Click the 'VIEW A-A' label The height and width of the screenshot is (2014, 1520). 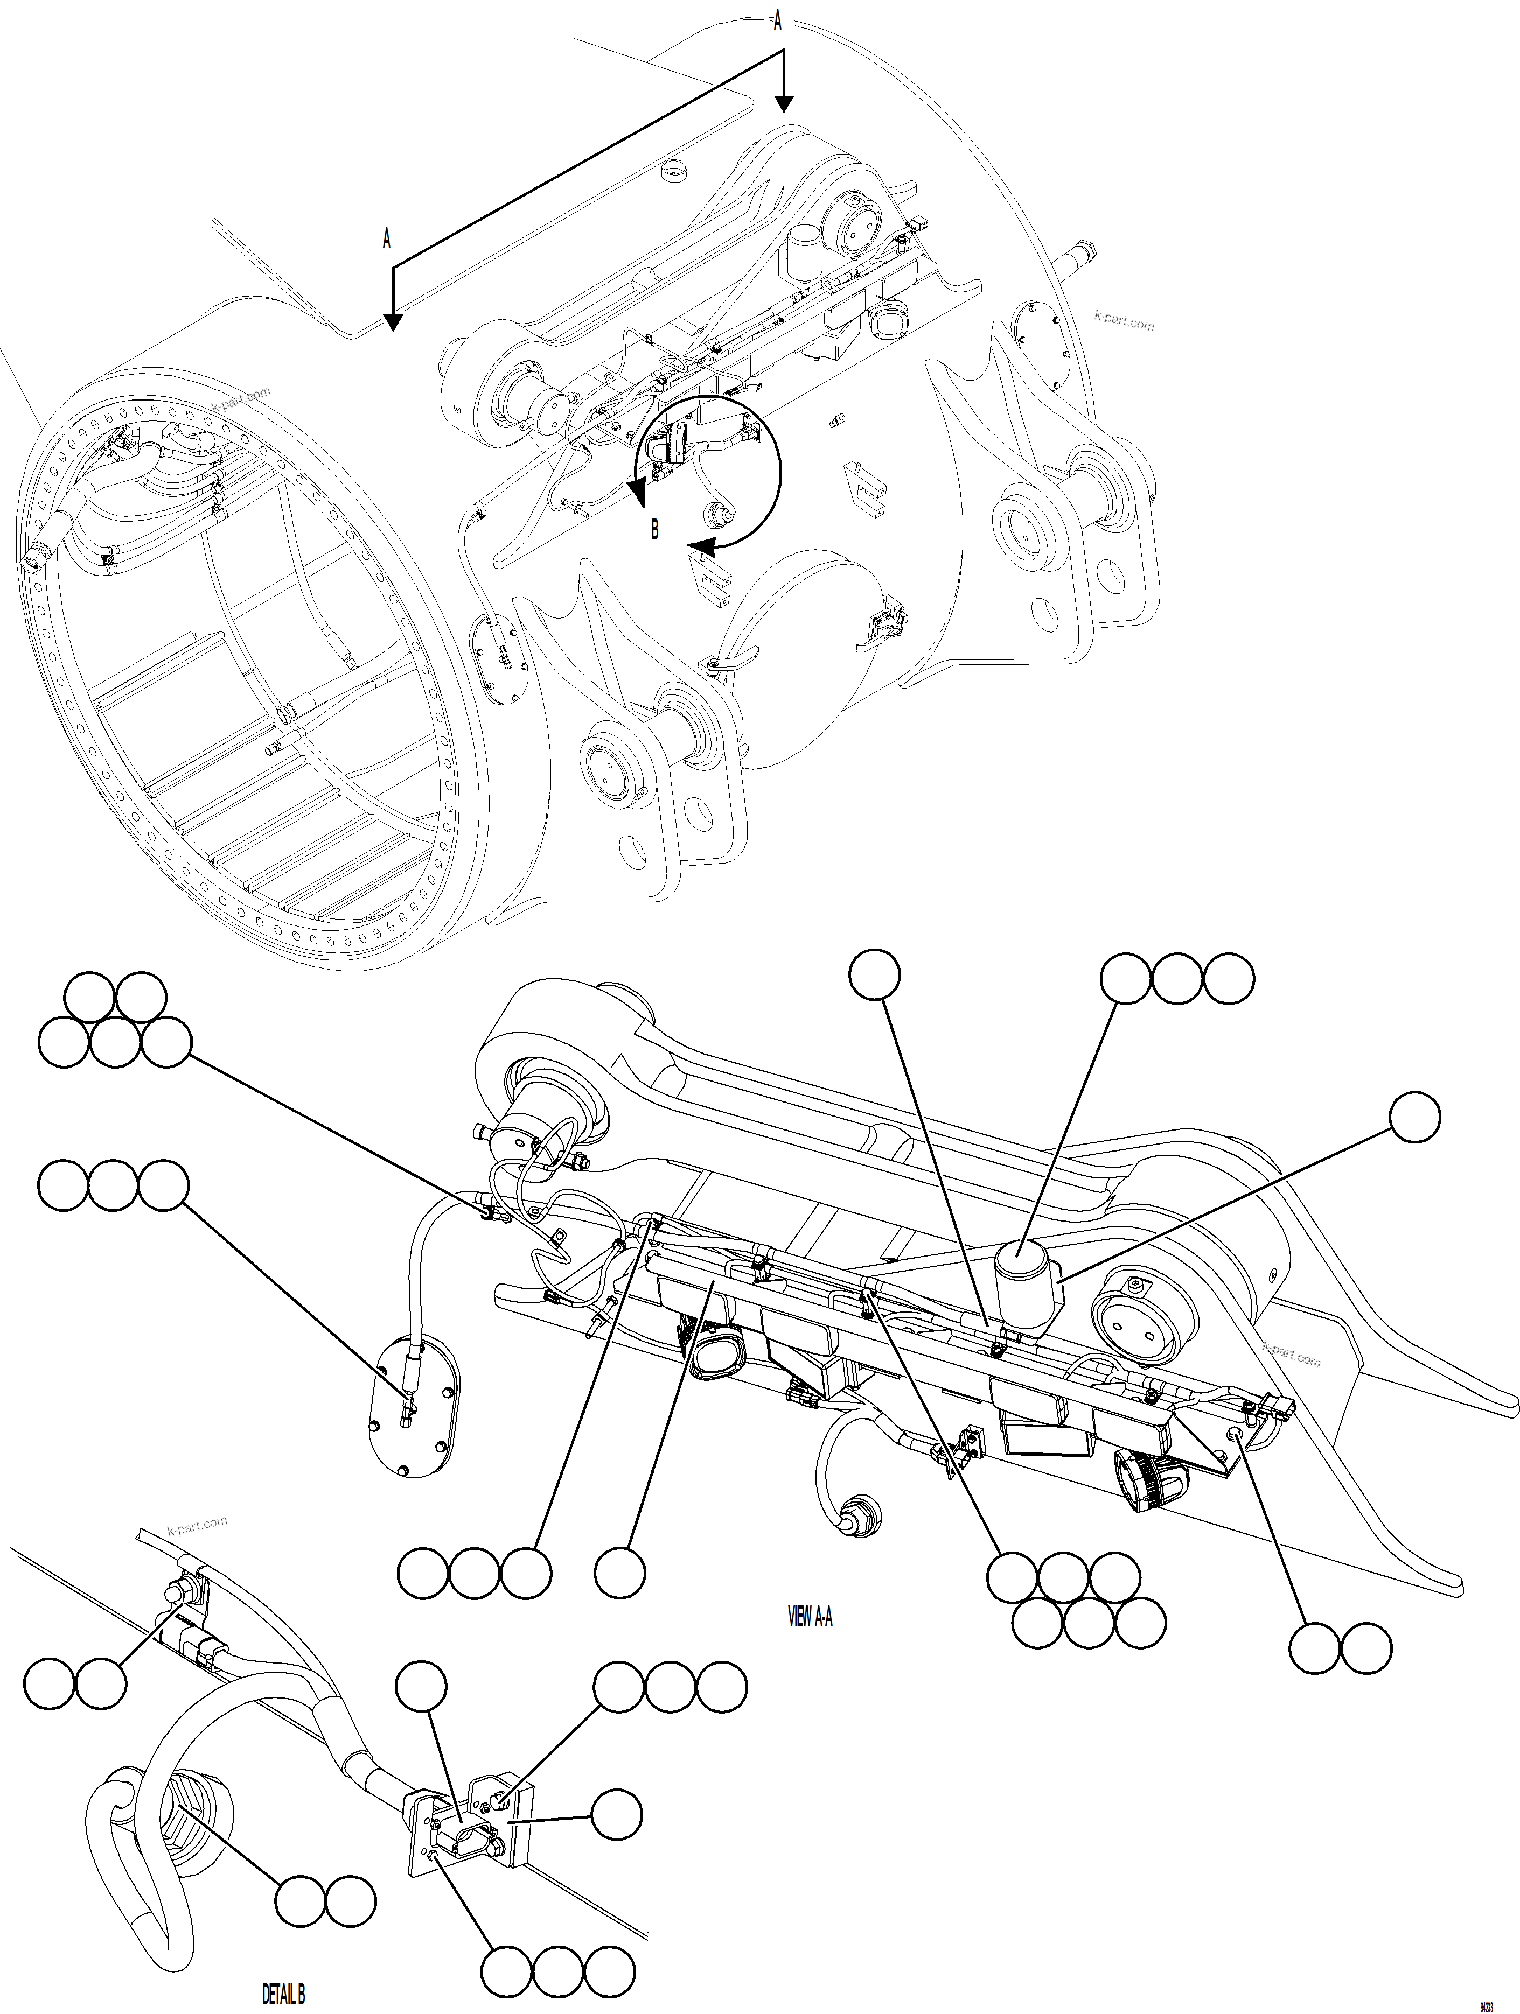(808, 1616)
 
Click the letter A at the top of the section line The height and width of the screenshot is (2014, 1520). (777, 20)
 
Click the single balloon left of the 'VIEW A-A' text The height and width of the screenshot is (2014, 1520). (620, 1573)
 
